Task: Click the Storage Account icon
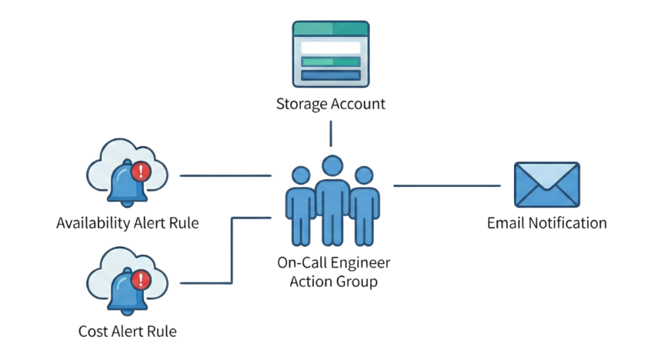[x=331, y=55]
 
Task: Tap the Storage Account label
[x=331, y=104]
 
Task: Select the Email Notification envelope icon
[x=546, y=185]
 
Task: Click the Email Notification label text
[x=546, y=224]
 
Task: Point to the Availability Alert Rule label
[x=128, y=224]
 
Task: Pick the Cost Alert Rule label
[x=128, y=332]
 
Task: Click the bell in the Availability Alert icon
[x=122, y=184]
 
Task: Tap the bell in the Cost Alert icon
[x=122, y=292]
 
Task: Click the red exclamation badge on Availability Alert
[x=140, y=171]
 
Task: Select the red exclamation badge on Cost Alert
[x=140, y=279]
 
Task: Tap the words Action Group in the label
[x=333, y=282]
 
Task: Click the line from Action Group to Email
[x=446, y=185]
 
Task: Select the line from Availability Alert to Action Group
[x=225, y=175]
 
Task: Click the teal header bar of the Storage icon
[x=331, y=29]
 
